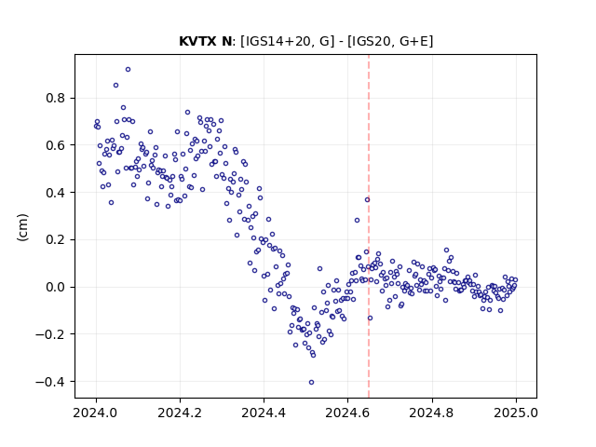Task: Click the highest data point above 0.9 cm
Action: pos(129,70)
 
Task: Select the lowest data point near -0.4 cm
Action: pos(311,383)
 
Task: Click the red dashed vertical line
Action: pos(369,226)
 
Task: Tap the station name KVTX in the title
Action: pos(197,41)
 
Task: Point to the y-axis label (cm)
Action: pos(22,227)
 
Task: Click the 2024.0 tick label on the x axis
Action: pos(96,413)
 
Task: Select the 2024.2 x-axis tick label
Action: pos(180,413)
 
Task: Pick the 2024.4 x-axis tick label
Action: pos(264,413)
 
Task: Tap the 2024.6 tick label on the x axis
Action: pos(347,413)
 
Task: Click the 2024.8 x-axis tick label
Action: pos(432,413)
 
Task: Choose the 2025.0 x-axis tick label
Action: pos(516,413)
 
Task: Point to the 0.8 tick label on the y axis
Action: pos(56,99)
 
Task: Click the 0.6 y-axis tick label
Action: pos(56,145)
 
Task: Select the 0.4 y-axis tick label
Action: pos(56,193)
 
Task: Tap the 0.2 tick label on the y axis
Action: pos(56,240)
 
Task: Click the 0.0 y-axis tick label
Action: pos(56,288)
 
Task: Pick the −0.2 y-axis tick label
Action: pos(50,334)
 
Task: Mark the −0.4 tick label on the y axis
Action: pos(50,382)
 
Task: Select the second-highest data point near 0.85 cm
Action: pos(115,86)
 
